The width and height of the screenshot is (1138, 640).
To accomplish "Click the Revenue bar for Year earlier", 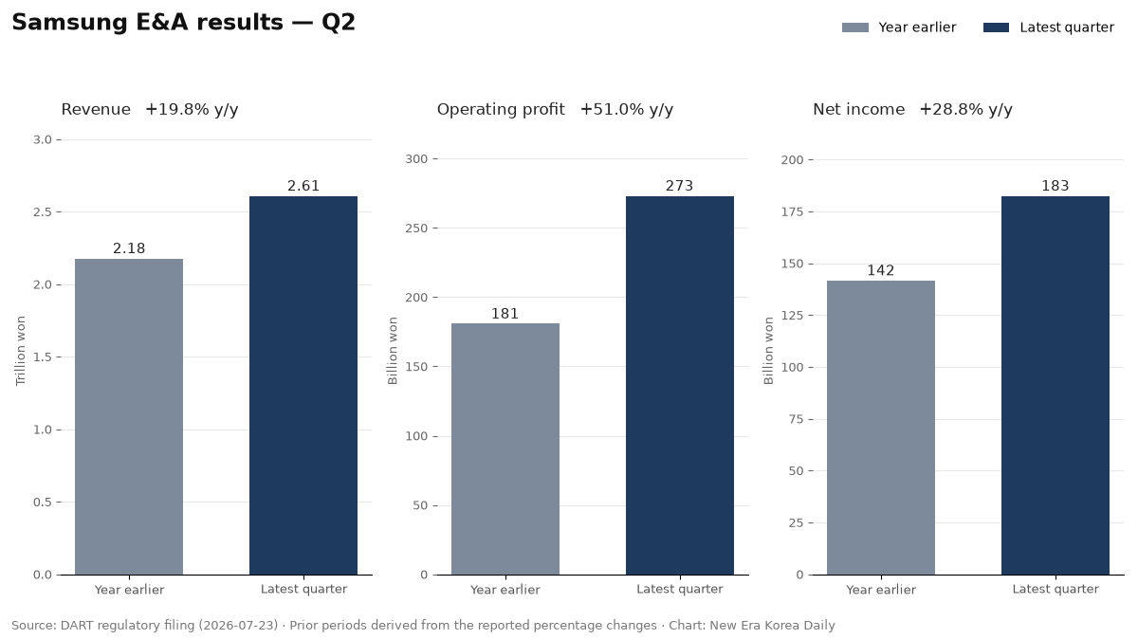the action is point(129,416).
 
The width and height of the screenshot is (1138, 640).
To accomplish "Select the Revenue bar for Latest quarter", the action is point(303,386).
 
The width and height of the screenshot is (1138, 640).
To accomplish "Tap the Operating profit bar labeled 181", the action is point(505,449).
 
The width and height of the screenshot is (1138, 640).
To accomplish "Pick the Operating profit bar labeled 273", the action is point(680,386).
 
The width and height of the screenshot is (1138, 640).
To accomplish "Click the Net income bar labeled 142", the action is point(881,428).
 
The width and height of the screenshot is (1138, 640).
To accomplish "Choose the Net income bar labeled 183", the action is point(1055,386).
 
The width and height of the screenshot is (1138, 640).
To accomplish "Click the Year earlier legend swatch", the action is point(855,27).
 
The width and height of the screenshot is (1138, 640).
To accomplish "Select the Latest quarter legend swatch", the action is point(997,27).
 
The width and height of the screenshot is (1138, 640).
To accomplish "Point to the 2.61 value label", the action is point(303,186).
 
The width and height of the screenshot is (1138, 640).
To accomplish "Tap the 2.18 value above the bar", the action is point(129,248).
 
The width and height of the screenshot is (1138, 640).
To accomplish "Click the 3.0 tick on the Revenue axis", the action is point(43,139).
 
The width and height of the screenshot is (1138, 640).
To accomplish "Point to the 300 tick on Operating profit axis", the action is point(416,159).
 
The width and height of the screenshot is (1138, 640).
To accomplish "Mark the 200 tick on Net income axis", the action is point(793,160).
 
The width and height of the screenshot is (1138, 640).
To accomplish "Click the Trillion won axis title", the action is point(20,351).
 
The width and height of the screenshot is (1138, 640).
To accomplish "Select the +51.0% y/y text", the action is point(627,109).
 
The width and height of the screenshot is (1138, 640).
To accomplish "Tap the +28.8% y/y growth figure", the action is point(965,109).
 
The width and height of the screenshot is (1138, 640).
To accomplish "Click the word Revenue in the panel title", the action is point(96,109).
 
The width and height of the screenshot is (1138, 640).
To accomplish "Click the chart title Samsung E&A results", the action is point(147,23).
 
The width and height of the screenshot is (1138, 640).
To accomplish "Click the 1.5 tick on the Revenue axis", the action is point(43,357).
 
